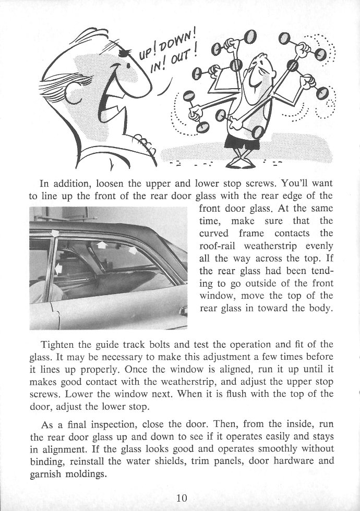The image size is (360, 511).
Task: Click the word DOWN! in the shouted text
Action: [178, 44]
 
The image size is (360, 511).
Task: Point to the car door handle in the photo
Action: [182, 311]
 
